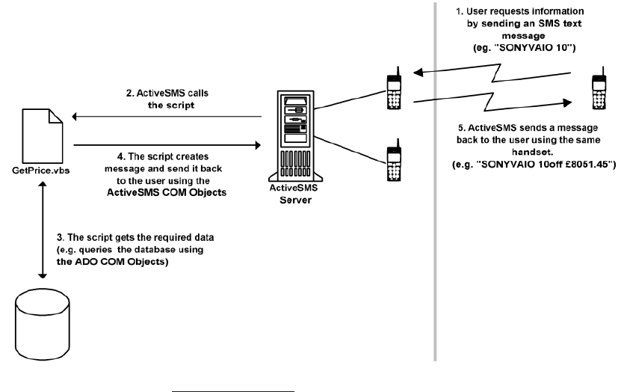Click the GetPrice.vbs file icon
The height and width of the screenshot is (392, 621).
43,135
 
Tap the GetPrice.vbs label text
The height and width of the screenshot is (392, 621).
41,171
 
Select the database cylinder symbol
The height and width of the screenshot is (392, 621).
43,325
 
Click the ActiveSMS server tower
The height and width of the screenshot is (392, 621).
295,136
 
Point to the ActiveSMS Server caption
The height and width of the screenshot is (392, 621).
294,194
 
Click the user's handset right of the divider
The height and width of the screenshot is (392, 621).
599,88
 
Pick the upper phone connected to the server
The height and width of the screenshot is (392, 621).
394,88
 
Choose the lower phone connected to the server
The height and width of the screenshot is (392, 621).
394,160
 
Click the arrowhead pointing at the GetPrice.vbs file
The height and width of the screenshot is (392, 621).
75,117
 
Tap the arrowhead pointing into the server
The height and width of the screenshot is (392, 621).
258,145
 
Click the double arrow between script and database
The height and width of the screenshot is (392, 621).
43,230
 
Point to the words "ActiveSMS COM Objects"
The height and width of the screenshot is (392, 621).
167,192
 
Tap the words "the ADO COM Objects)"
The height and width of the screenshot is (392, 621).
113,262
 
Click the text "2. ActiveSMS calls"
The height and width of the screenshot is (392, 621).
167,94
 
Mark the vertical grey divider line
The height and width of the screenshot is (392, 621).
435,182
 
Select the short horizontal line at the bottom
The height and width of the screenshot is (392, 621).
233,391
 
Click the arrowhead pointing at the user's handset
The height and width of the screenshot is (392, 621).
568,102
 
